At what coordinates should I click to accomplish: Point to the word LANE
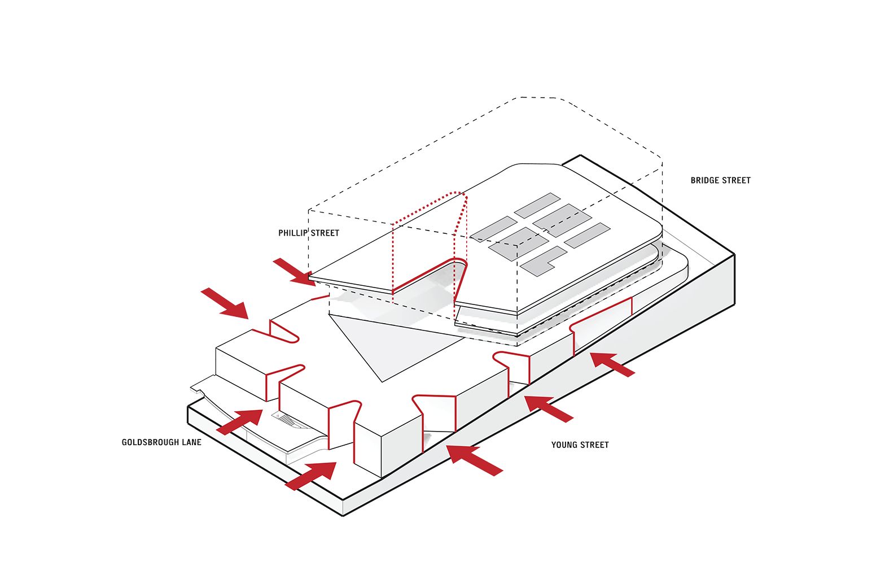pyautogui.click(x=191, y=442)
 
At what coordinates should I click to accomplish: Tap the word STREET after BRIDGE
pyautogui.click(x=736, y=180)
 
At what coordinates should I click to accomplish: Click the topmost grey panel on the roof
pyautogui.click(x=537, y=206)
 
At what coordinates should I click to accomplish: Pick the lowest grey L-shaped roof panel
pyautogui.click(x=542, y=261)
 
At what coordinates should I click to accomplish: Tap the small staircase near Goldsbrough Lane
pyautogui.click(x=285, y=420)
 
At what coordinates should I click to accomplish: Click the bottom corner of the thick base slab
pyautogui.click(x=343, y=513)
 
